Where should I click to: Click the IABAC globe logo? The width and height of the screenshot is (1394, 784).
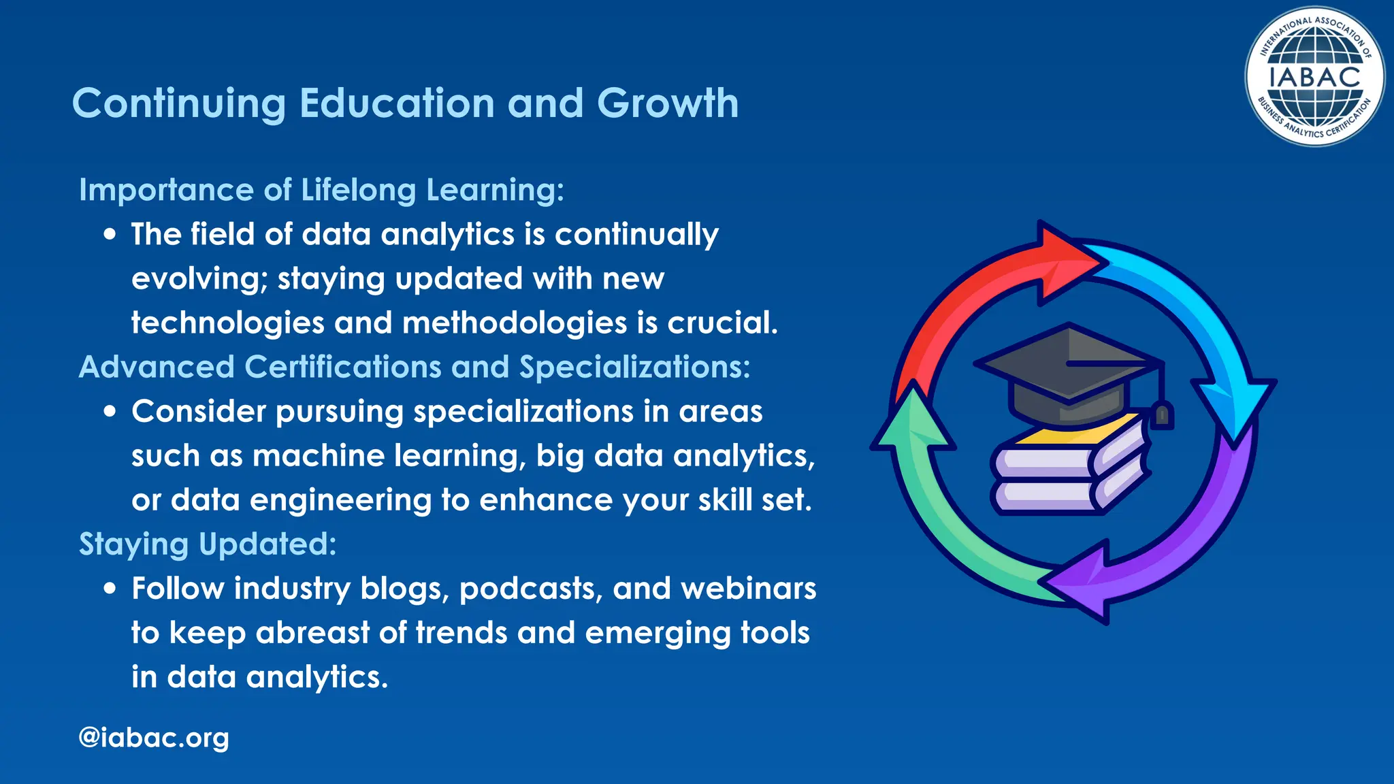click(x=1314, y=76)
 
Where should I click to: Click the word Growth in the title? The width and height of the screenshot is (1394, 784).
click(x=668, y=103)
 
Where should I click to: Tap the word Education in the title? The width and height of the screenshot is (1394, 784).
click(x=397, y=103)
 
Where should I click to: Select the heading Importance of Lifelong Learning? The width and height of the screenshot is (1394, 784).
click(x=321, y=190)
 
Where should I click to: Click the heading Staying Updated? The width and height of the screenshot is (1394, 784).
click(x=208, y=544)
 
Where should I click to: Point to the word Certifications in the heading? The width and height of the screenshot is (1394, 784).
click(x=343, y=367)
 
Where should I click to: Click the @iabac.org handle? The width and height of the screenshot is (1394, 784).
click(x=154, y=737)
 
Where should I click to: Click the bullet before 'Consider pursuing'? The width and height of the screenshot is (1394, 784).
click(x=110, y=412)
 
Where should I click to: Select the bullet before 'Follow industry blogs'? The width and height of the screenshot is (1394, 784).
click(x=110, y=589)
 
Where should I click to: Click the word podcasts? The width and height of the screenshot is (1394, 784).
click(x=531, y=589)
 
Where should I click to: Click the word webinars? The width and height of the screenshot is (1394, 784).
click(x=748, y=589)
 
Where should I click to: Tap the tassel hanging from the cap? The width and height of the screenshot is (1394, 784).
click(x=1162, y=412)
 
